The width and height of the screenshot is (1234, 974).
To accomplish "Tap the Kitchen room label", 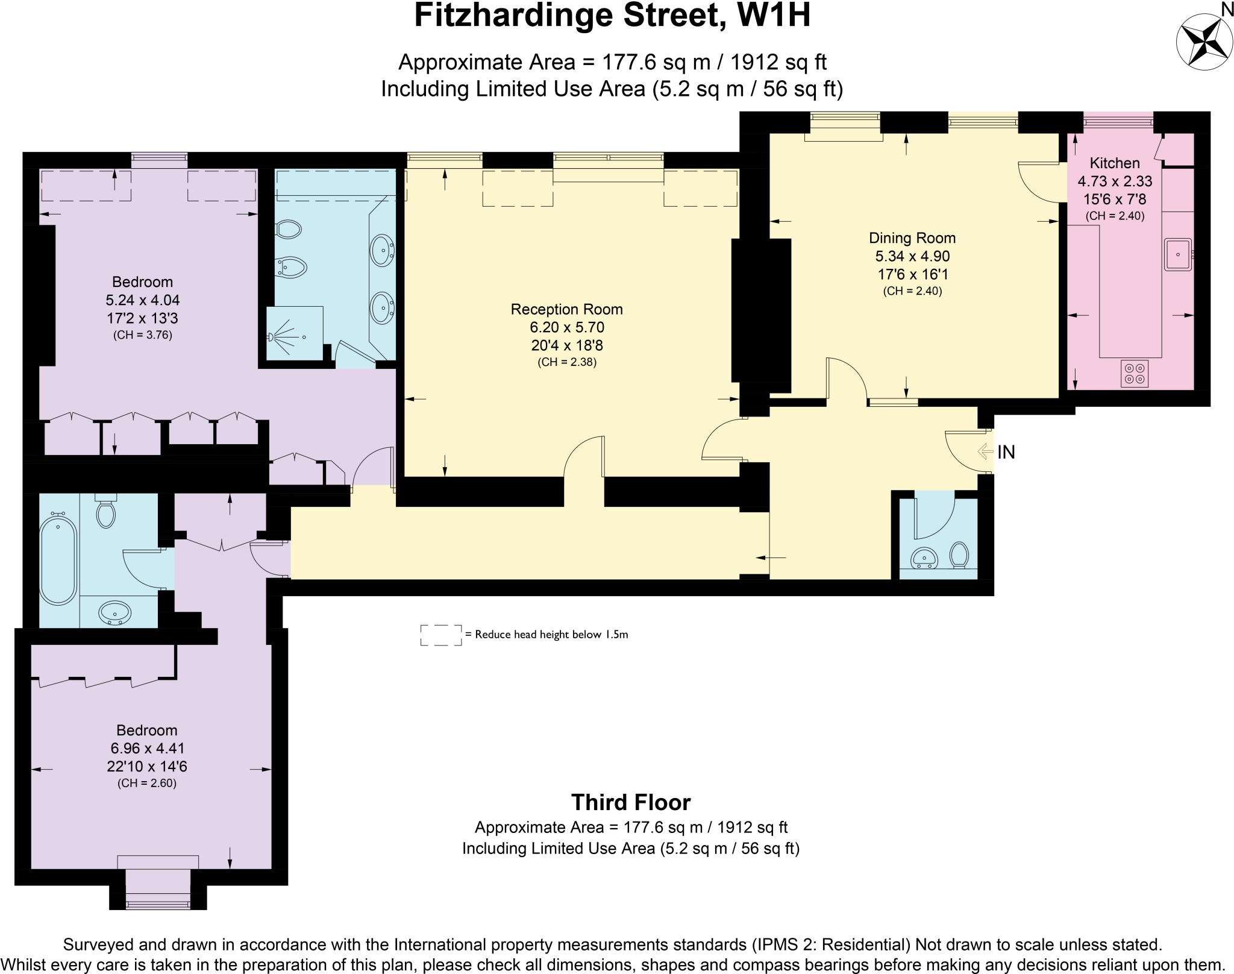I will [x=1114, y=163].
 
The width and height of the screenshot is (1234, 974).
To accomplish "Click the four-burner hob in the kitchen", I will [x=1134, y=373].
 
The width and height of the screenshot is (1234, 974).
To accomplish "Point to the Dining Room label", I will [x=912, y=237].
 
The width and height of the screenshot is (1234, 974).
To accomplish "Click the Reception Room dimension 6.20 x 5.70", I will [x=566, y=327].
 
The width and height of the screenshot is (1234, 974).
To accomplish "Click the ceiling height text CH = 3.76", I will [x=143, y=335].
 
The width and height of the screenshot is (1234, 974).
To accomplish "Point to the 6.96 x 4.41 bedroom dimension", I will [x=146, y=748].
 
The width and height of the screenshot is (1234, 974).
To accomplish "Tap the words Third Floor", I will [x=630, y=802].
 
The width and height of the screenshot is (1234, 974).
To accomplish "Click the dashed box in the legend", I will [x=441, y=635].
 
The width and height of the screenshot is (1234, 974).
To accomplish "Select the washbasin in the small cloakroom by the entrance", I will [x=924, y=558].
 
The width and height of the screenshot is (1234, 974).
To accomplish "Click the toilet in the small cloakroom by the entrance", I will [x=959, y=554].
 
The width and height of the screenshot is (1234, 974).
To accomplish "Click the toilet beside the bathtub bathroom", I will [x=106, y=513].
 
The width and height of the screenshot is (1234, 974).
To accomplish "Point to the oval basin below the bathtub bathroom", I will [x=114, y=613].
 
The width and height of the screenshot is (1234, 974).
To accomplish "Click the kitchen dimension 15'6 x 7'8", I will [x=1114, y=199].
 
